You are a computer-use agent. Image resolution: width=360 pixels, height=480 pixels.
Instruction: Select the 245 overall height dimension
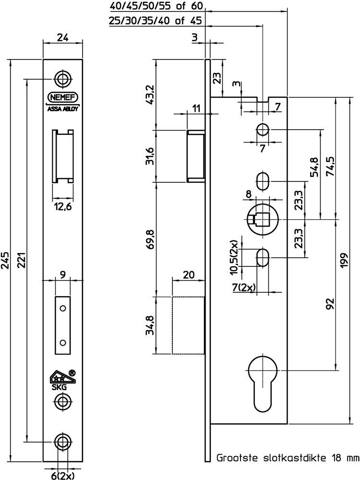6,261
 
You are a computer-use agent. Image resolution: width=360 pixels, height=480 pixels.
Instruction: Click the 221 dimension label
21,261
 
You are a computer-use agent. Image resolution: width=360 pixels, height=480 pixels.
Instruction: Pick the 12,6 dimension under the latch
63,207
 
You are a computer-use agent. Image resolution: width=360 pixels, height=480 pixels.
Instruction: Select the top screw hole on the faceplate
62,79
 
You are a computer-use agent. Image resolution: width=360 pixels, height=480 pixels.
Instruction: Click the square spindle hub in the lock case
262,219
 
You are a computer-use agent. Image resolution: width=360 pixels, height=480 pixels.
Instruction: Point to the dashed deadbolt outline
189,325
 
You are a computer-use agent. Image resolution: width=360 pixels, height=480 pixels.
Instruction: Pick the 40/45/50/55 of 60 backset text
156,7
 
